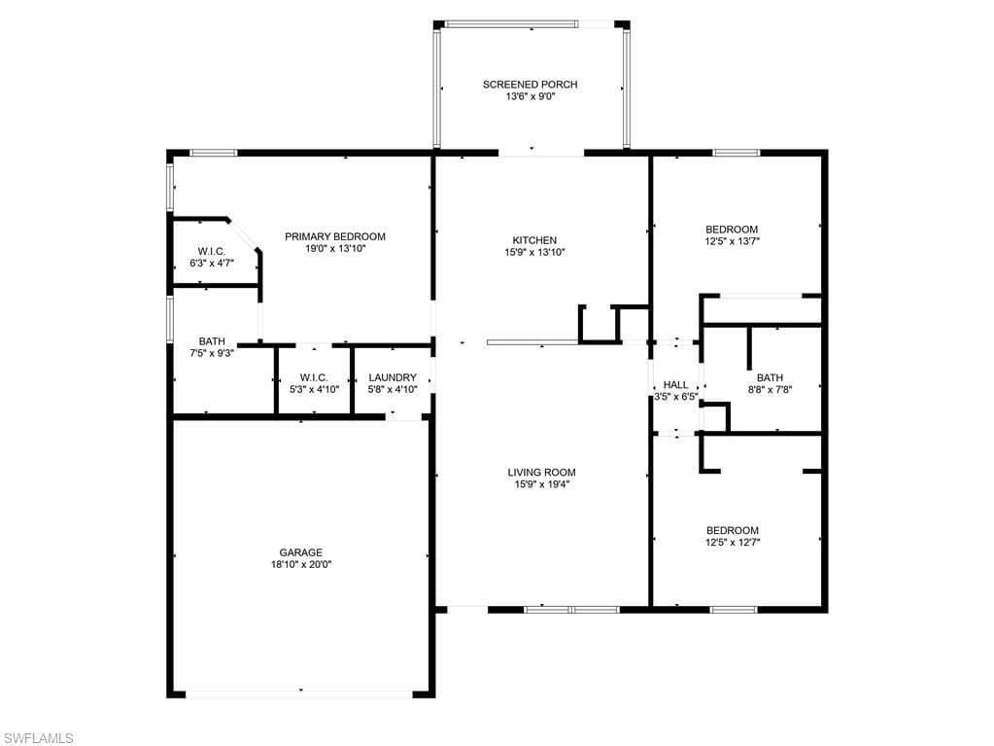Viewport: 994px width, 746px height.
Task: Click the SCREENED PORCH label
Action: (x=530, y=85)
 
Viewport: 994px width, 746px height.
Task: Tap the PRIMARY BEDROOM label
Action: (x=334, y=236)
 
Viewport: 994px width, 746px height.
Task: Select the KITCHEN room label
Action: (x=534, y=240)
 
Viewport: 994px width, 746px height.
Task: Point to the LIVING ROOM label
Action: (x=541, y=472)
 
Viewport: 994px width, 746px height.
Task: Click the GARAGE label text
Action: (x=301, y=552)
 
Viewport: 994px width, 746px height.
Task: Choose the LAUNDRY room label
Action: (x=393, y=377)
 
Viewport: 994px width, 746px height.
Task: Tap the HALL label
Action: (x=675, y=385)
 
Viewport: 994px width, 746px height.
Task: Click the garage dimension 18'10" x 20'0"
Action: (x=301, y=564)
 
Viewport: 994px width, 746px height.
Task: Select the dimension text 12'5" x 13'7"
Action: (x=733, y=241)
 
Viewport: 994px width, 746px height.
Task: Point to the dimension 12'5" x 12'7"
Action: (x=733, y=543)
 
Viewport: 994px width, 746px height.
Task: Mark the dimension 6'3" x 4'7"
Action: (x=212, y=263)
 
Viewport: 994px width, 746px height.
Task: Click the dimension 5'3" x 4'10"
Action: (x=314, y=389)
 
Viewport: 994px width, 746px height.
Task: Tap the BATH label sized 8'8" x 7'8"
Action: (x=770, y=377)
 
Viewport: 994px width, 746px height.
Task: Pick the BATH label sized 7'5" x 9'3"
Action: (x=212, y=341)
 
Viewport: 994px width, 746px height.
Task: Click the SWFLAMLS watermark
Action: (x=37, y=738)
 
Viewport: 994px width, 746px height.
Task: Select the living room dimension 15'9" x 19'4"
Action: (x=541, y=484)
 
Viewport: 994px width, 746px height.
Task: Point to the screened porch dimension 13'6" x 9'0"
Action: (x=530, y=96)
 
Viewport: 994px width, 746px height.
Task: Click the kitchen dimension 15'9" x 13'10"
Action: (x=534, y=253)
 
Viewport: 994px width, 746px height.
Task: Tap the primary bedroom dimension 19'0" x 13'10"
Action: (x=334, y=249)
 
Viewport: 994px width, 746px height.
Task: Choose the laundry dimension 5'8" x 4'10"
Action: (x=393, y=389)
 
